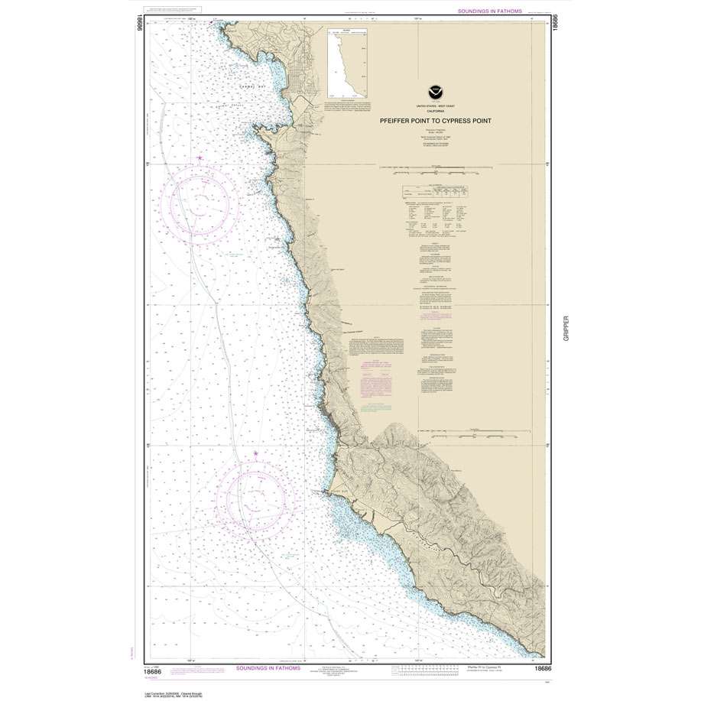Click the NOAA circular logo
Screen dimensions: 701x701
click(434, 89)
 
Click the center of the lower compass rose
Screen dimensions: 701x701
click(255, 497)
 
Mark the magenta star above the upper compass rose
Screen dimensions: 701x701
click(200, 158)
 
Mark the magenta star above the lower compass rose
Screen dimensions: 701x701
click(255, 454)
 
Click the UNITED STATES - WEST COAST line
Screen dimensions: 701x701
click(433, 104)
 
